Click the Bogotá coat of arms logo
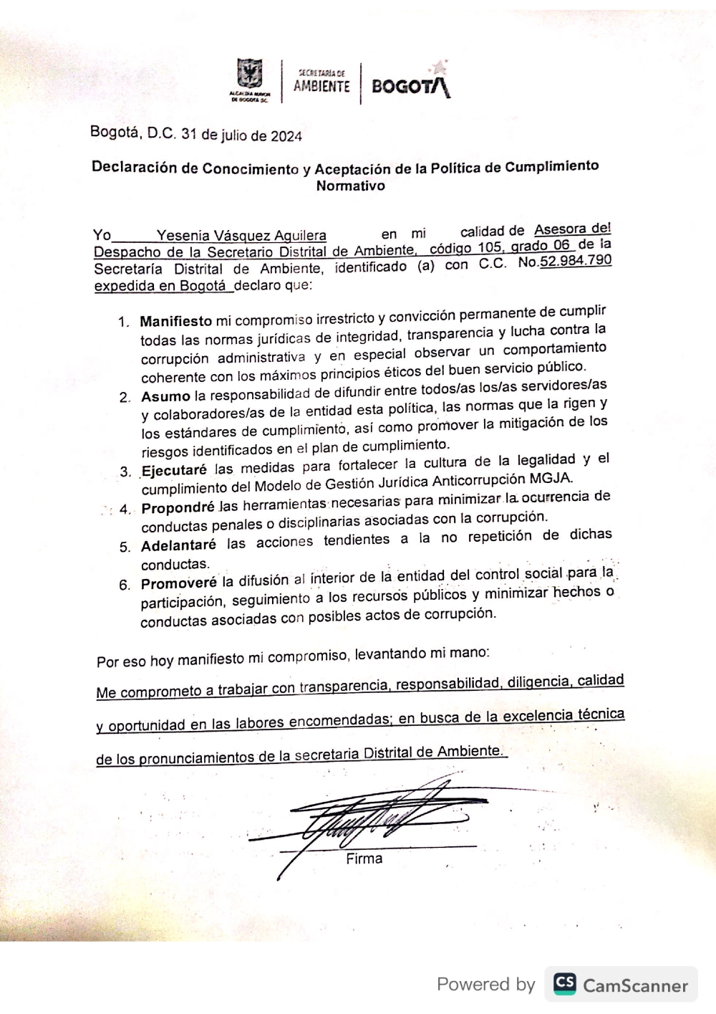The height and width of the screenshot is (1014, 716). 250,77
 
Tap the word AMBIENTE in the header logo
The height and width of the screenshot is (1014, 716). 321,87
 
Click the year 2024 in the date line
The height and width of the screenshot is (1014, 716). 286,136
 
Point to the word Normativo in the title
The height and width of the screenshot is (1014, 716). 351,186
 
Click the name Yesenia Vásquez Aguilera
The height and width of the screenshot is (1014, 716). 241,236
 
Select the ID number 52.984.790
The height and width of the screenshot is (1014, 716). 576,261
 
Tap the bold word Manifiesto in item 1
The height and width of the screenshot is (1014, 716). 176,322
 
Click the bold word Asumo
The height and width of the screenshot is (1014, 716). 165,396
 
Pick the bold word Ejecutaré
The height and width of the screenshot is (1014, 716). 174,471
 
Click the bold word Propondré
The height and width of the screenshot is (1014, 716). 178,508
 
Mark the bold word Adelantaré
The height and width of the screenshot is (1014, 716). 178,545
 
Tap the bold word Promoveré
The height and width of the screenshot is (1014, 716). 178,583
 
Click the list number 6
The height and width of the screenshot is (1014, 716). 124,585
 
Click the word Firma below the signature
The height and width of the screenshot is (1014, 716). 364,858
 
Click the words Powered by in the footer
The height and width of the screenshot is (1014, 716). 486,985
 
